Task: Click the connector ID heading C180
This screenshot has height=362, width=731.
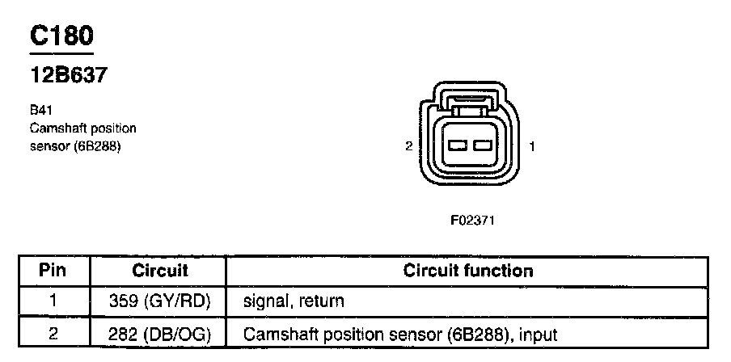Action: (61, 36)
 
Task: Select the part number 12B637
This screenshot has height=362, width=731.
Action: (69, 75)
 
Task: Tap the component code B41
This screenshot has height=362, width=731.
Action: (40, 111)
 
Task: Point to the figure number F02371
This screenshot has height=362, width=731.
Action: (472, 219)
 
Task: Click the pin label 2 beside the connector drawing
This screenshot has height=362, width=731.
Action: (409, 146)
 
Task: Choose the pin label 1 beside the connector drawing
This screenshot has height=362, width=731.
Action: (531, 146)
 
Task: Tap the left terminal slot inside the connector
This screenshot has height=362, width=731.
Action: (458, 145)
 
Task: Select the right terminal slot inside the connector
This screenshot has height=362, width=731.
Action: (484, 145)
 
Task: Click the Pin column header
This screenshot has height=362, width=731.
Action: (53, 271)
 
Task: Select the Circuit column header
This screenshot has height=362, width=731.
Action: (159, 271)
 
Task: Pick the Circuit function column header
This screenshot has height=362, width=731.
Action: (467, 271)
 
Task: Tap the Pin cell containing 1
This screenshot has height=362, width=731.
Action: (53, 301)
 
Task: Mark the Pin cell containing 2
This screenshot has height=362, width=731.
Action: (53, 332)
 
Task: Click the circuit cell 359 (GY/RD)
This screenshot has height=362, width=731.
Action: (159, 301)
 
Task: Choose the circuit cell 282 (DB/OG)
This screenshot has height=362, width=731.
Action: (159, 332)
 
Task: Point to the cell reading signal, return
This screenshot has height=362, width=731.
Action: (293, 301)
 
